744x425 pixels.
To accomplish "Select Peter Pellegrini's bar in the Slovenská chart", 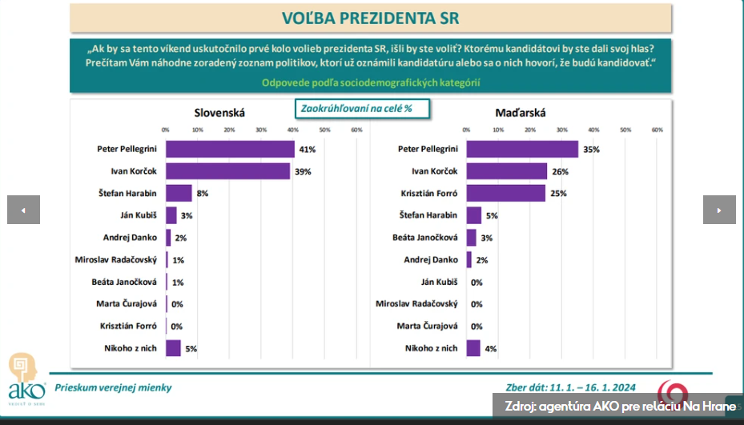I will coord(230,149).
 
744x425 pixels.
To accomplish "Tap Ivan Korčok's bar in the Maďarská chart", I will coord(507,171).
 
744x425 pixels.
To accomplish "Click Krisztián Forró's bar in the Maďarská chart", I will coord(505,193).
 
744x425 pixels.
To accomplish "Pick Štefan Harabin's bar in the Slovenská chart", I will coord(179,193).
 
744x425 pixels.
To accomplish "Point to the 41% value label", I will coord(308,150).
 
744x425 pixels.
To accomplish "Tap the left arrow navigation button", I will coord(23,210).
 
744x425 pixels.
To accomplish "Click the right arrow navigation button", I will coord(719,210).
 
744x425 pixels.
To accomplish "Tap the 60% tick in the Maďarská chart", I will coord(658,129).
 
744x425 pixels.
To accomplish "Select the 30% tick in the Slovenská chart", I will coord(261,129).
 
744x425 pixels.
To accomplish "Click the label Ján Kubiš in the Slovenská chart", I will coord(137,215).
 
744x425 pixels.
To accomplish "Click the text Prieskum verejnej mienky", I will coord(113,388).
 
